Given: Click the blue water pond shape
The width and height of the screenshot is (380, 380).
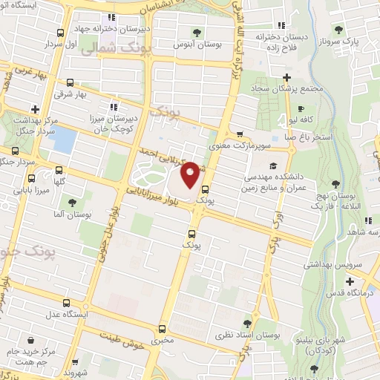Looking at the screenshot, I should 65,140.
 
